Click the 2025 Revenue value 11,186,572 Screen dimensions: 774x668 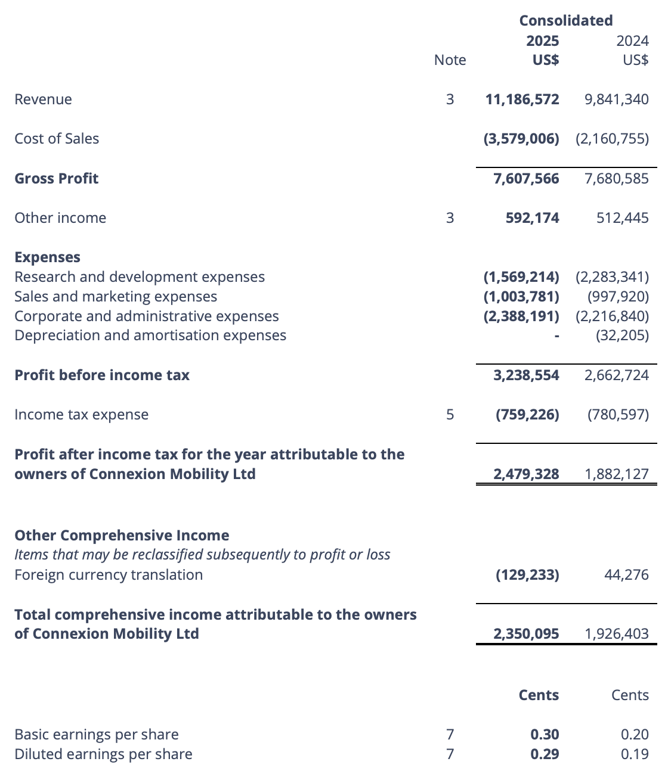[x=522, y=100]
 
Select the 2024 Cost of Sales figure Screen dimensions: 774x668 [x=612, y=139]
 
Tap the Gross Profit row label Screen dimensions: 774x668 [x=56, y=179]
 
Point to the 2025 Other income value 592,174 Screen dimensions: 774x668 [x=532, y=218]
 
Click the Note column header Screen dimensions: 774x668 [x=450, y=60]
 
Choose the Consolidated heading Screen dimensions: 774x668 [x=565, y=21]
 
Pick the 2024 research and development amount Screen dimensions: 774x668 [x=612, y=277]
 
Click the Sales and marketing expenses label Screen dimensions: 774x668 [x=116, y=297]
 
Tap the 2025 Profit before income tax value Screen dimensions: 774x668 [x=526, y=375]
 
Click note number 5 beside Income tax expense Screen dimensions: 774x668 [x=450, y=415]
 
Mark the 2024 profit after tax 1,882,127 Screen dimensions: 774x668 [x=616, y=474]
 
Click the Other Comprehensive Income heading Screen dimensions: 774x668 [x=122, y=536]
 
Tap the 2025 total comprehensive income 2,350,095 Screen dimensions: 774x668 [x=526, y=634]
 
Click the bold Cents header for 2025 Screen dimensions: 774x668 [x=539, y=695]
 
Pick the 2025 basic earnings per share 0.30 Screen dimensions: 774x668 [x=545, y=735]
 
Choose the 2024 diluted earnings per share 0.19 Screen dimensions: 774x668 [x=634, y=754]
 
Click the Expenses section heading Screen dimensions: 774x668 [x=47, y=257]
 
